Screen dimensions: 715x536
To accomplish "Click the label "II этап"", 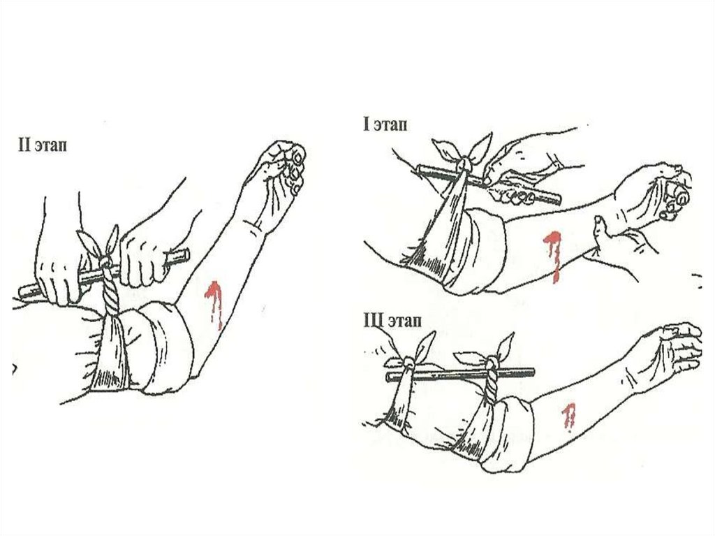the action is (x=43, y=145).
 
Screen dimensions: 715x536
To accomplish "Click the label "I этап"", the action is (x=385, y=124).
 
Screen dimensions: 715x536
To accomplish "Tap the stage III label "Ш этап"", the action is (x=392, y=321).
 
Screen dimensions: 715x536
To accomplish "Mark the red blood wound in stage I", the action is (x=553, y=255).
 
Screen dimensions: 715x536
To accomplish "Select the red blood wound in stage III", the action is (x=568, y=417).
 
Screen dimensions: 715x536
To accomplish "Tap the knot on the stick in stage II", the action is (x=106, y=263).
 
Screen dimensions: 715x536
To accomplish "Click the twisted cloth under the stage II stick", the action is (x=111, y=292).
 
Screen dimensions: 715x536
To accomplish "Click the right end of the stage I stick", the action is (x=559, y=199).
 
